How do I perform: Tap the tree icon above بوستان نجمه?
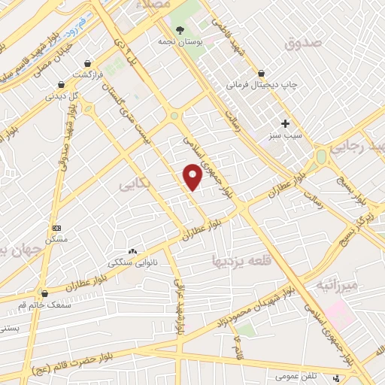tap(179, 30)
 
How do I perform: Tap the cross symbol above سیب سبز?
tap(285, 123)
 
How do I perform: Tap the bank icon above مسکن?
tap(56, 227)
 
